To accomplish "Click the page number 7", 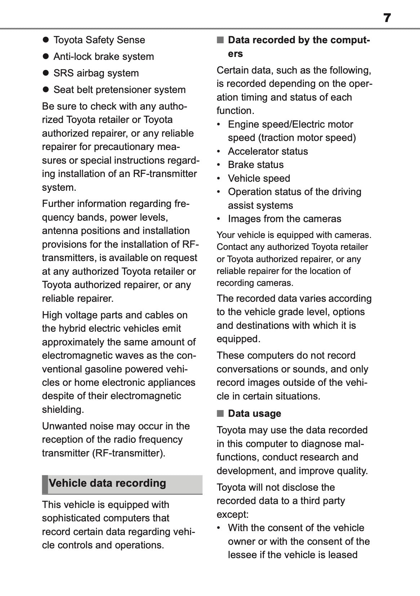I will pyautogui.click(x=387, y=18).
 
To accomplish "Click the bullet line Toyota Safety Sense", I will pyautogui.click(x=99, y=40).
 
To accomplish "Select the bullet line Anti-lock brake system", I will pyautogui.click(x=103, y=57).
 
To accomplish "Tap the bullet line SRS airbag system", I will pyautogui.click(x=96, y=73).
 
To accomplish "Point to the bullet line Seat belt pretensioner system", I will pyautogui.click(x=119, y=90).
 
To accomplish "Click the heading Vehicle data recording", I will pyautogui.click(x=107, y=483).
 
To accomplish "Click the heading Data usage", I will pyautogui.click(x=254, y=414).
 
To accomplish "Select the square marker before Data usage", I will pyautogui.click(x=220, y=414).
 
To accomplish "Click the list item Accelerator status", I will pyautogui.click(x=268, y=151).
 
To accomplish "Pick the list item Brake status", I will pyautogui.click(x=256, y=165).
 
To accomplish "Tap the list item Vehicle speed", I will pyautogui.click(x=259, y=178).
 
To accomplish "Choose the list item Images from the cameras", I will pyautogui.click(x=284, y=219).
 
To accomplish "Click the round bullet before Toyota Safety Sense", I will pyautogui.click(x=45, y=40).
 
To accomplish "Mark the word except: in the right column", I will pyautogui.click(x=233, y=514).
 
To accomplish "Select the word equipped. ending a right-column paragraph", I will pyautogui.click(x=238, y=339).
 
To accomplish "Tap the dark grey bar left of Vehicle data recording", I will pyautogui.click(x=45, y=484).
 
